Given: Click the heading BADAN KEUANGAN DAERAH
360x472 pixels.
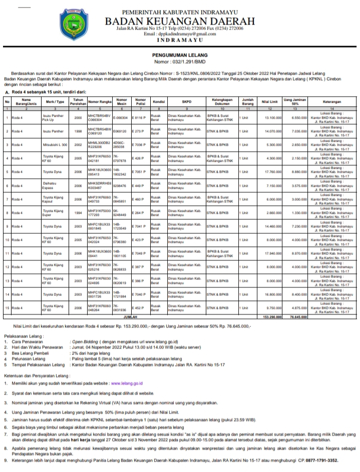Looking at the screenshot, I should tap(179, 21).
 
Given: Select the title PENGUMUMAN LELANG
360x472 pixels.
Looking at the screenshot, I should tap(179, 56).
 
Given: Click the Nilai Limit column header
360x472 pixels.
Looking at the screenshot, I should tap(269, 101).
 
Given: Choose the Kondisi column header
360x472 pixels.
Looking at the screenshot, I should tap(159, 101).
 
